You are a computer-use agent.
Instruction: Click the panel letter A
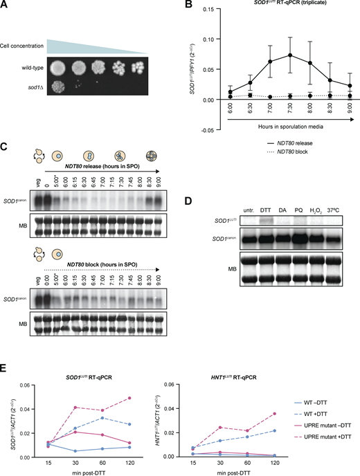5,6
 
